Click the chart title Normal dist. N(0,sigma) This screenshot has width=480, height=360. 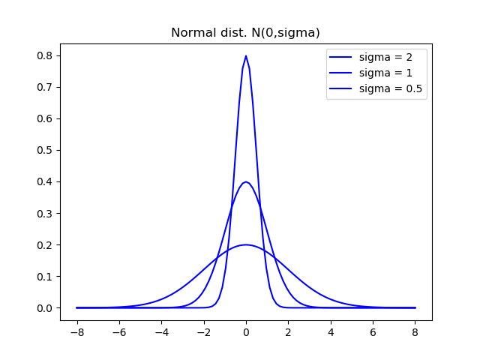(245, 33)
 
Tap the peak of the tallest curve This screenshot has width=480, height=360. (246, 56)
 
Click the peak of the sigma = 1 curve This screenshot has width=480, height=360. (246, 181)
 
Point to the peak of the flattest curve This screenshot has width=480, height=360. (246, 244)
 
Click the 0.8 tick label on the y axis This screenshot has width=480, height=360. (46, 55)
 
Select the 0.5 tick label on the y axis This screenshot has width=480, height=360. (46, 150)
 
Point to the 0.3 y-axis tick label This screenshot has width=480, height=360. (46, 213)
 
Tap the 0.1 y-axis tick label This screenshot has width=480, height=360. (46, 276)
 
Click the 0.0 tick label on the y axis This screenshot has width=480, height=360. (46, 308)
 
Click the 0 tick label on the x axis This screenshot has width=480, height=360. (246, 332)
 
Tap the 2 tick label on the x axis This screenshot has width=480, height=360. (288, 332)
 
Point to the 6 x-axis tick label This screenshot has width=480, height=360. (373, 332)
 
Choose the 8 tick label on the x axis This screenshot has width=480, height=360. (415, 332)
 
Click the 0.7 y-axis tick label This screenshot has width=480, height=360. (46, 87)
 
